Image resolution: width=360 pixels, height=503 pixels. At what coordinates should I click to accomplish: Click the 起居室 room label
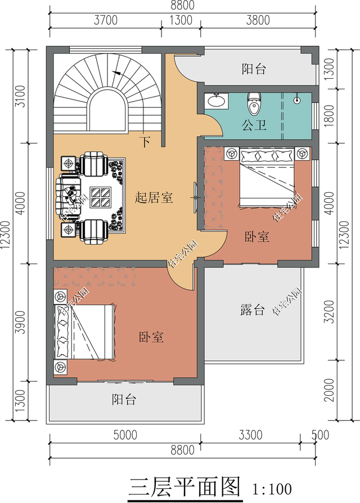click(154, 198)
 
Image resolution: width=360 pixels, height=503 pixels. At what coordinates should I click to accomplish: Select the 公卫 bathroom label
click(254, 125)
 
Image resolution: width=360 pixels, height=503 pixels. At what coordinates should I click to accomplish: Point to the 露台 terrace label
click(252, 310)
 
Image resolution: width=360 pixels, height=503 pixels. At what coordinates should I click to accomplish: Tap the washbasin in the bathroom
click(215, 101)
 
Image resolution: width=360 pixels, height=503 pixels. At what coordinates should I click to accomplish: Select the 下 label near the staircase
click(145, 142)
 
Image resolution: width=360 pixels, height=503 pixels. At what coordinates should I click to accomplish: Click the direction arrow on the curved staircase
click(118, 72)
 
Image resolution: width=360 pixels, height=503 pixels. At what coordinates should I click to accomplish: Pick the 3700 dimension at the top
click(105, 21)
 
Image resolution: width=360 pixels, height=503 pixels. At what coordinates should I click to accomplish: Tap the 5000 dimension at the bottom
click(125, 434)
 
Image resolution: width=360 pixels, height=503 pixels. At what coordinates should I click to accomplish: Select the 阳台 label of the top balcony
click(254, 69)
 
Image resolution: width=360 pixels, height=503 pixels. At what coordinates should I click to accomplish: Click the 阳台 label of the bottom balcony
click(124, 400)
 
